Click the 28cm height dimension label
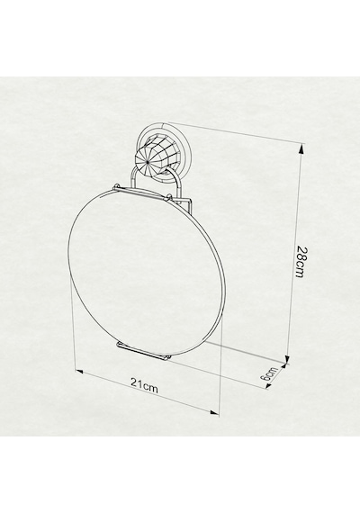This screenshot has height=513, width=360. pyautogui.click(x=301, y=262)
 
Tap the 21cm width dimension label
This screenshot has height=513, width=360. pyautogui.click(x=144, y=386)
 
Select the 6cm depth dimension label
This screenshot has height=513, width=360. pyautogui.click(x=269, y=373)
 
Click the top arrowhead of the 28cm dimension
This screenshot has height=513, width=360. pyautogui.click(x=301, y=149)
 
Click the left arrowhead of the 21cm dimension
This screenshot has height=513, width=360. pyautogui.click(x=80, y=372)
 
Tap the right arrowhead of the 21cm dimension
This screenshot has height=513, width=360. pyautogui.click(x=214, y=412)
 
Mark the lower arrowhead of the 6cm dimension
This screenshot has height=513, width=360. pyautogui.click(x=268, y=386)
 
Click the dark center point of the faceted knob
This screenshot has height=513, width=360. pyautogui.click(x=148, y=162)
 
